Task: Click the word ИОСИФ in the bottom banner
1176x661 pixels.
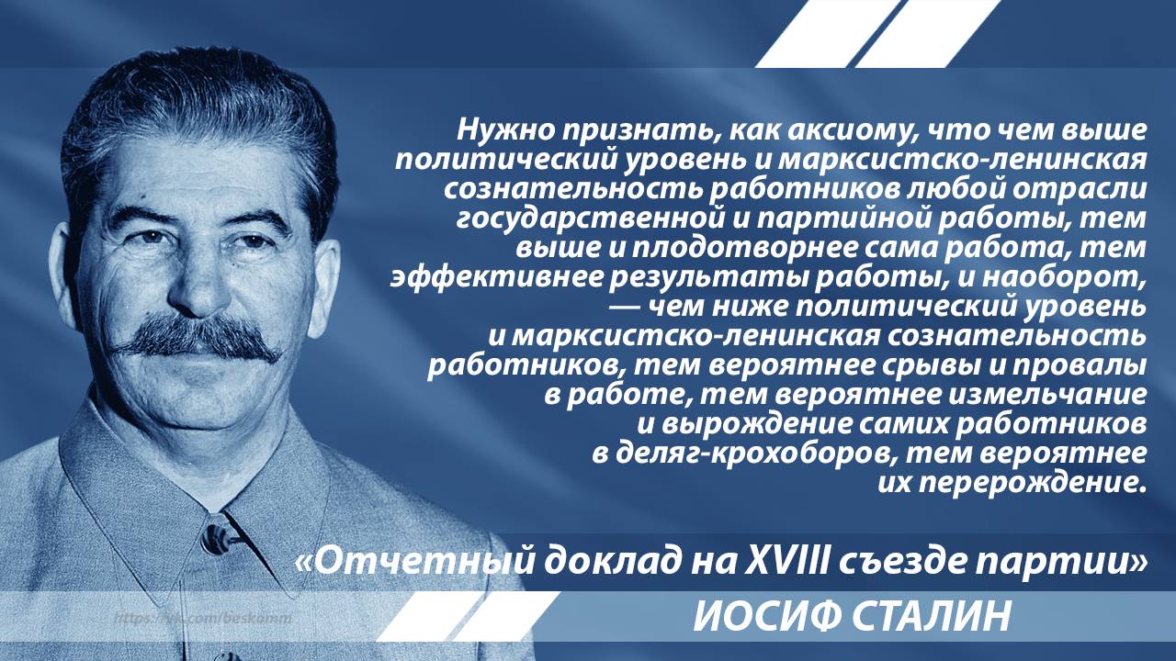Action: click(x=765, y=616)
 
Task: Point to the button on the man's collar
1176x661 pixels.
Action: click(x=215, y=539)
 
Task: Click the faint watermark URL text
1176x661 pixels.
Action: click(x=203, y=618)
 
